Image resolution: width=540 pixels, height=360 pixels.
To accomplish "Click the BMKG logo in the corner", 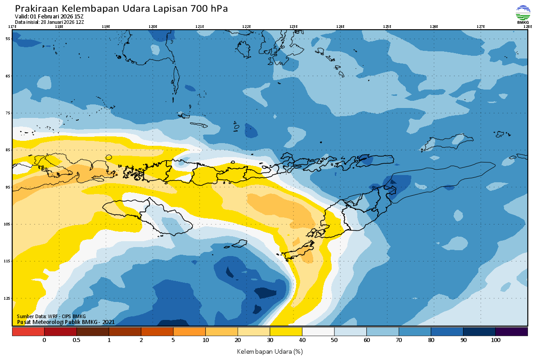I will [523, 14].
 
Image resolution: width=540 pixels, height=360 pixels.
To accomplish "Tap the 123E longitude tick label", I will [293, 27].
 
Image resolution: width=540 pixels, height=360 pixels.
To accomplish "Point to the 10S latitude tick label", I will [8, 224].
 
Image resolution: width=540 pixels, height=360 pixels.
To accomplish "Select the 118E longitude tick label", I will [58, 27].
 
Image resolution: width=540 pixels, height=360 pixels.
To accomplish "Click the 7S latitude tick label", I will [8, 113].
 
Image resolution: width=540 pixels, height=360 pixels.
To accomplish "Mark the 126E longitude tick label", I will [434, 27].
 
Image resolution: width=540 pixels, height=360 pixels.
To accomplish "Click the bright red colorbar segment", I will [28, 332].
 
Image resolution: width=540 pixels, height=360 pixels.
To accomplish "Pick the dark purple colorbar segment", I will [511, 332].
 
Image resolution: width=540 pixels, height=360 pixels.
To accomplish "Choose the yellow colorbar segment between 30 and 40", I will [286, 332].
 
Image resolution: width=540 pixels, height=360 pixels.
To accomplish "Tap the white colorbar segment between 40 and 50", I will [318, 332].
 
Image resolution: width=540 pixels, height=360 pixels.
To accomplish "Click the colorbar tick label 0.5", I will [76, 340].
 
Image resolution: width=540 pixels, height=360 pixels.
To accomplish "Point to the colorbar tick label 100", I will [495, 340].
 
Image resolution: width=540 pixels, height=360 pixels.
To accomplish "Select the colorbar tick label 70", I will [399, 340].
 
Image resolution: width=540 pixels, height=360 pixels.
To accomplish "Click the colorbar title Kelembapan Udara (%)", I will [270, 351].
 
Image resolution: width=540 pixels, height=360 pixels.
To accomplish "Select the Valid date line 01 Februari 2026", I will [49, 17].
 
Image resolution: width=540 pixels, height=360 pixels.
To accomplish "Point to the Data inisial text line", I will [49, 22].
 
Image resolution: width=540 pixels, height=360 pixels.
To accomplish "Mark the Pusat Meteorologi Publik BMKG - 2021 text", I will [66, 322].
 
